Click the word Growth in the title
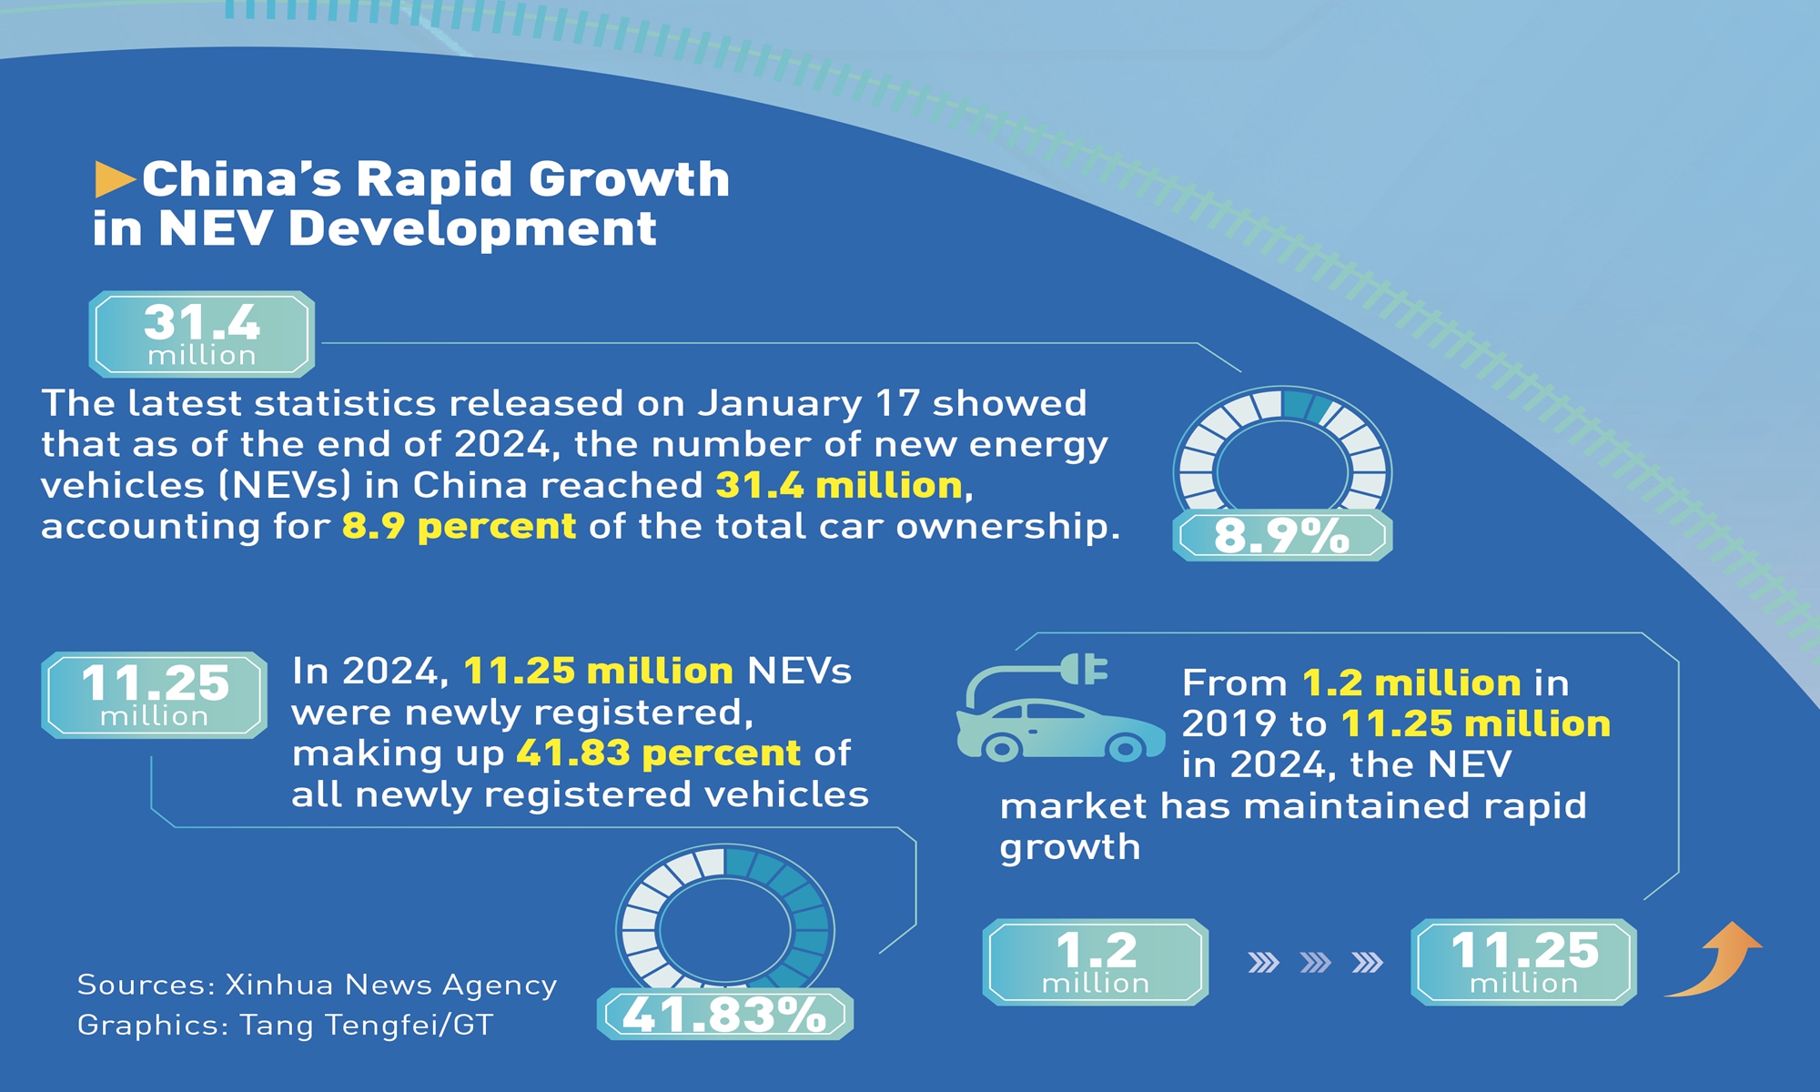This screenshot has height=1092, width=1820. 629,179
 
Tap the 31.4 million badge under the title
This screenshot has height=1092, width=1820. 202,334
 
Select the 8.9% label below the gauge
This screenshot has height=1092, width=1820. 1281,535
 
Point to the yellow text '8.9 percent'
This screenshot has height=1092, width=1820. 459,527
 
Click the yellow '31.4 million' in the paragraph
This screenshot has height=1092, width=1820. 839,486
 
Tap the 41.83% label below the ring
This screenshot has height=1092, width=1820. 725,1014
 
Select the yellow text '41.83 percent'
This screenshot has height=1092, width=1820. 658,753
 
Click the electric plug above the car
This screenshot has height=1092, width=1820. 1085,670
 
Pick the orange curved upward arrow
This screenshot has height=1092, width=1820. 1715,960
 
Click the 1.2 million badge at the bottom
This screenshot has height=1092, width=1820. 1096,962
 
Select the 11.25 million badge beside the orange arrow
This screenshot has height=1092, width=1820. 1523,962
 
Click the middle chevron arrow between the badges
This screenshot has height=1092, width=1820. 1316,962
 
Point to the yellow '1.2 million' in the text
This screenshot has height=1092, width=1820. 1411,683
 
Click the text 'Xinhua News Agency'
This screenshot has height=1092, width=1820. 391,985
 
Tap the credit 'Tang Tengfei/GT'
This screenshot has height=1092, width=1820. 366,1026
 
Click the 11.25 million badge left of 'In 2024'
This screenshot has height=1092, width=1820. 155,695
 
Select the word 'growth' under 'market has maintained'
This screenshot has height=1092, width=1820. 1070,847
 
